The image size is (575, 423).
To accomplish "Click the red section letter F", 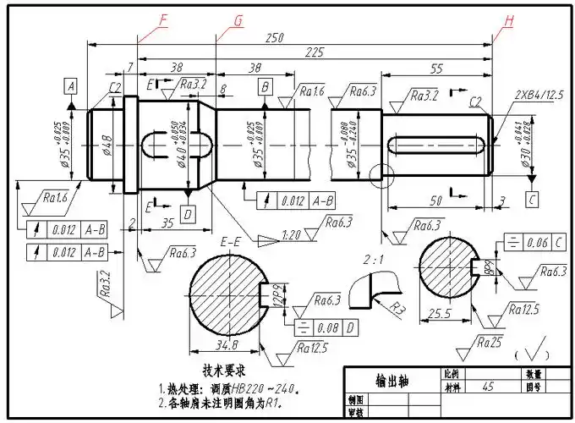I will point(163,19).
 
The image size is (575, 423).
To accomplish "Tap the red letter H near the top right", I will point(508,20).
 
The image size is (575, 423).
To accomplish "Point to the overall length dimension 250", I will point(274,38).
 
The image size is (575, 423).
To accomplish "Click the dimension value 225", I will point(315,52).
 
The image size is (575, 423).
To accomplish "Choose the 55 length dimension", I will point(437,69).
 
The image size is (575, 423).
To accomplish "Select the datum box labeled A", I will point(71,86).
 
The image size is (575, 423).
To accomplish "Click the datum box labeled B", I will point(266,86).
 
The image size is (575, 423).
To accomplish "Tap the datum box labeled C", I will point(531,200).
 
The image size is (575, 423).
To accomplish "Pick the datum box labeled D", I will point(188,211).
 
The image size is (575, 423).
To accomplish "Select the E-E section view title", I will point(231,243).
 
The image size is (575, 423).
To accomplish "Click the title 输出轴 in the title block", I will point(392,381).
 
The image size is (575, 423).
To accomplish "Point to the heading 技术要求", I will point(223,371).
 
